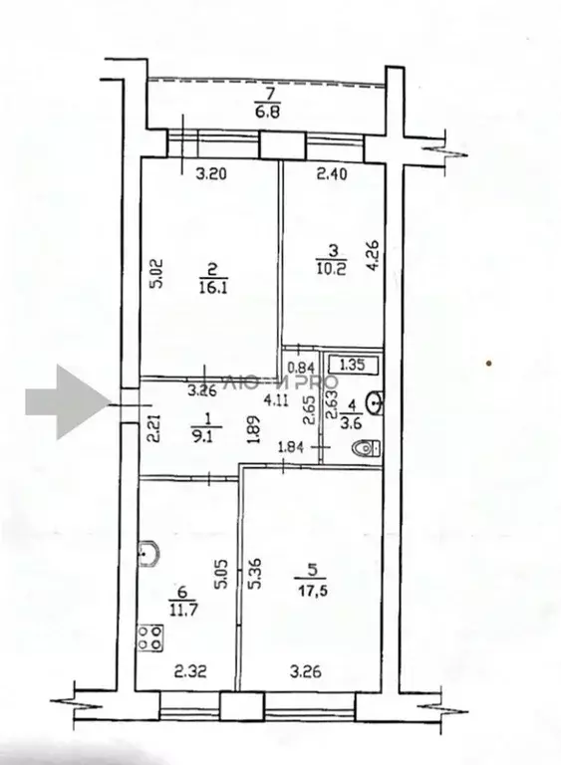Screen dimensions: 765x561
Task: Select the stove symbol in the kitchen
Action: click(151, 637)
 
